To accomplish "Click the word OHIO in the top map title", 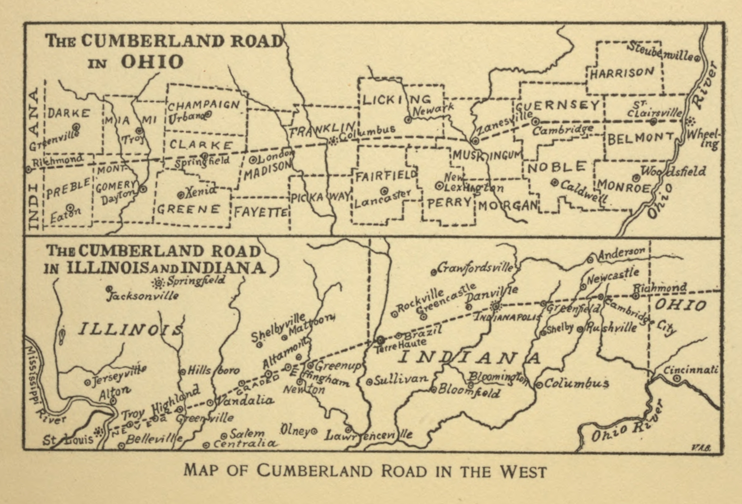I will pyautogui.click(x=152, y=62).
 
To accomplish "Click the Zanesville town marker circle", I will pyautogui.click(x=475, y=141).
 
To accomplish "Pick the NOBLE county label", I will pyautogui.click(x=556, y=167).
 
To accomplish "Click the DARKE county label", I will pyautogui.click(x=69, y=113).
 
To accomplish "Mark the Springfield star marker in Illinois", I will pyautogui.click(x=158, y=283).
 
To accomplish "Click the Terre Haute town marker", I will pyautogui.click(x=380, y=339).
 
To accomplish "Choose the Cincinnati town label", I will pyautogui.click(x=690, y=370).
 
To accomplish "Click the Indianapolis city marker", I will pyautogui.click(x=496, y=306).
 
